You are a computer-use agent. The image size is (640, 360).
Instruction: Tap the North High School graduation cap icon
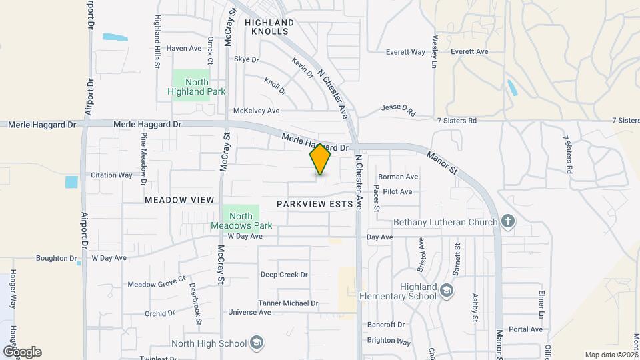[x=256, y=343]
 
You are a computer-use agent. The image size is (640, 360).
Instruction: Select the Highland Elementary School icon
[x=446, y=291]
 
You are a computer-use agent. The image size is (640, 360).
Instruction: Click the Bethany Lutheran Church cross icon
[x=508, y=222]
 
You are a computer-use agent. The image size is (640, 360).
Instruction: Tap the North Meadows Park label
[x=241, y=221]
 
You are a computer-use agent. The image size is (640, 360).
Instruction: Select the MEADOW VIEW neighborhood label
[x=179, y=200]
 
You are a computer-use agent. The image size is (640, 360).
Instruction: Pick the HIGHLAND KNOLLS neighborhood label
[x=269, y=27]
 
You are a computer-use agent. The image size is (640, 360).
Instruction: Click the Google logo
[x=22, y=352]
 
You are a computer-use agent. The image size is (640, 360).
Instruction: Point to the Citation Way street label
[x=112, y=175]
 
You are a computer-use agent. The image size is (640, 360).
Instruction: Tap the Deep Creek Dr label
[x=284, y=275]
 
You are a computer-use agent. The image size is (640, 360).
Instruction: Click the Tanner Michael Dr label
[x=289, y=303]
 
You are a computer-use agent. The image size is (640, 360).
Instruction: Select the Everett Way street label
[x=406, y=52]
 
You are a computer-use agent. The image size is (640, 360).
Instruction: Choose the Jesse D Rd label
[x=398, y=110]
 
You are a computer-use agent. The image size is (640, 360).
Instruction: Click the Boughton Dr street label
[x=57, y=258]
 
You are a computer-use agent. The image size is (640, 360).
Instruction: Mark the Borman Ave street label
[x=398, y=177]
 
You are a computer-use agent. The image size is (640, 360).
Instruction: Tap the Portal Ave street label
[x=526, y=329]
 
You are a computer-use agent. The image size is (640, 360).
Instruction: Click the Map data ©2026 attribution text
[x=611, y=355]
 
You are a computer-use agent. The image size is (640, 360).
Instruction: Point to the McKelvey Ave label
[x=256, y=111]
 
